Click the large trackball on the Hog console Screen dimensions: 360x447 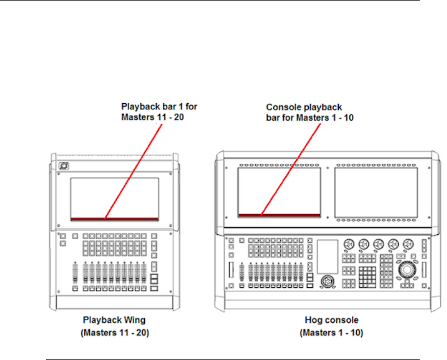coord(407,270)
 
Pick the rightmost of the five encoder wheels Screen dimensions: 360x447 coord(407,244)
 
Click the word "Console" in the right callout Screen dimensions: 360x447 coord(283,108)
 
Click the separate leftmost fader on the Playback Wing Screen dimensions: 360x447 coord(74,273)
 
